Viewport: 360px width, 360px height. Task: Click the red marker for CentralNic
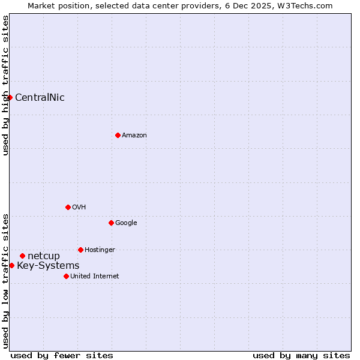pyautogui.click(x=10, y=97)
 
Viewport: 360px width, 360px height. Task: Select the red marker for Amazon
pyautogui.click(x=118, y=135)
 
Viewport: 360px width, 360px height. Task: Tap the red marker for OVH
pyautogui.click(x=68, y=207)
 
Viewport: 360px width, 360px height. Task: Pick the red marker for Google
pyautogui.click(x=111, y=223)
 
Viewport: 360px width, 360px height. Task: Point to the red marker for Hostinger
pyautogui.click(x=80, y=250)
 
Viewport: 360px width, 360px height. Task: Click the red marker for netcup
pyautogui.click(x=22, y=256)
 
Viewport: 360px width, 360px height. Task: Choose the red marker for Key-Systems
pyautogui.click(x=11, y=265)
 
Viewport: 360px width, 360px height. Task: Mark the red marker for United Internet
pyautogui.click(x=66, y=276)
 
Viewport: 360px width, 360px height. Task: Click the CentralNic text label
pyautogui.click(x=40, y=98)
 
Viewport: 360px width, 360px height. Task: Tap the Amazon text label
pyautogui.click(x=134, y=136)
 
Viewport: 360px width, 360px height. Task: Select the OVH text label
pyautogui.click(x=79, y=208)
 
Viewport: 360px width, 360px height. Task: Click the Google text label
pyautogui.click(x=126, y=223)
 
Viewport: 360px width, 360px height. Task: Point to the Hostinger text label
pyautogui.click(x=100, y=250)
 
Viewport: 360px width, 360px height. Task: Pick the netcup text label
pyautogui.click(x=44, y=256)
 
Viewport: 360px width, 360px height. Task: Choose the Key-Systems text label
pyautogui.click(x=48, y=266)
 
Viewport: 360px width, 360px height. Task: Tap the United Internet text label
pyautogui.click(x=94, y=277)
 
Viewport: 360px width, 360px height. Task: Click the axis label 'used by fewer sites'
pyautogui.click(x=62, y=355)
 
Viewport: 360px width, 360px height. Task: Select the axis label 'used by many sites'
pyautogui.click(x=301, y=355)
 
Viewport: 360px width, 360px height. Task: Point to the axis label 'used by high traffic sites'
pyautogui.click(x=5, y=85)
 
